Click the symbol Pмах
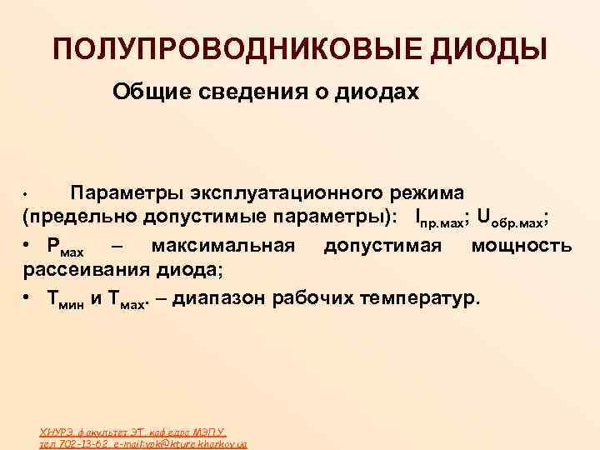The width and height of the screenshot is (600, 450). (67, 247)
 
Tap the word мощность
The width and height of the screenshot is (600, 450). (522, 246)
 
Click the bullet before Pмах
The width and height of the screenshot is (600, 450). (27, 246)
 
